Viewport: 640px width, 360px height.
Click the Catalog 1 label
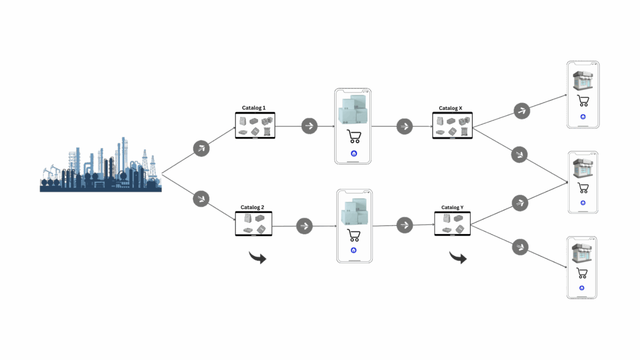(x=254, y=108)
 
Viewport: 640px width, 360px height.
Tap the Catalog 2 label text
(x=253, y=207)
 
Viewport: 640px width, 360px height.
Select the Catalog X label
(x=450, y=108)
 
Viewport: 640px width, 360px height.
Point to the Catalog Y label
(x=452, y=207)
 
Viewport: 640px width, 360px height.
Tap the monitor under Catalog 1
(x=255, y=126)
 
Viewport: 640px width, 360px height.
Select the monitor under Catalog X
(x=452, y=126)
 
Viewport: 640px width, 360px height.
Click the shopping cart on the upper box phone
(x=353, y=136)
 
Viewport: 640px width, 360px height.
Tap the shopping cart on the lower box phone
(x=354, y=235)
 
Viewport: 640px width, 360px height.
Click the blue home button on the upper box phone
(x=353, y=154)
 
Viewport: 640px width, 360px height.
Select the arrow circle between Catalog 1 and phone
(x=309, y=126)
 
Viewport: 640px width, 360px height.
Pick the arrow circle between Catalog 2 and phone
(x=304, y=226)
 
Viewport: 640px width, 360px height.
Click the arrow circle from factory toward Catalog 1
(x=201, y=148)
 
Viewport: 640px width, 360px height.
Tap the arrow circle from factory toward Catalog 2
(x=201, y=198)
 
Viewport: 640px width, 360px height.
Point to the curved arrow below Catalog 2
(x=257, y=257)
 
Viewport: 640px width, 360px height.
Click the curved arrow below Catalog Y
(x=458, y=257)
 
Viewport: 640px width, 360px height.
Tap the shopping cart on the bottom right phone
(x=582, y=273)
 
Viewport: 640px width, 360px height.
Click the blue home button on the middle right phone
(x=583, y=202)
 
